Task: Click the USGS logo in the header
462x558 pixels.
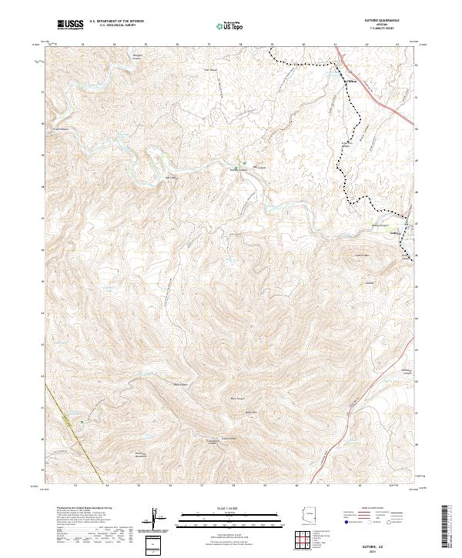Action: [70, 25]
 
